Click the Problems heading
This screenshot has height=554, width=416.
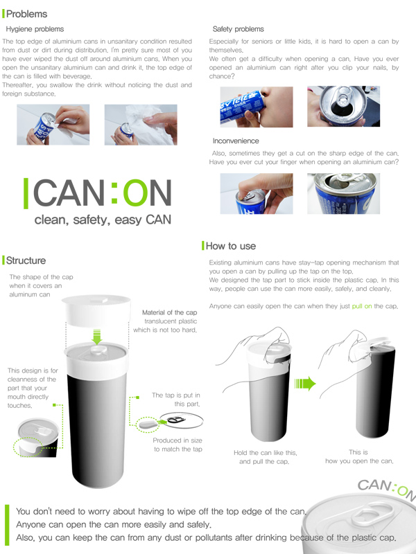(26, 14)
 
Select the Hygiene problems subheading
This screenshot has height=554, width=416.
(35, 29)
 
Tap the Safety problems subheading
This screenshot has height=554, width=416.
(238, 29)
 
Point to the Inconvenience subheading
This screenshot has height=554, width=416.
(237, 141)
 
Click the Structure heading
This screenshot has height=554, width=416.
(26, 260)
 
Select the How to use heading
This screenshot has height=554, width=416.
(231, 246)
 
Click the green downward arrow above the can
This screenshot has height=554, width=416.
(96, 337)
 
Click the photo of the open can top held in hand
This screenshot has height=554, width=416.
(344, 106)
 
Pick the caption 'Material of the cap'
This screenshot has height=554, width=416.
(169, 312)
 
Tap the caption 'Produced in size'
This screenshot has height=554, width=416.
(177, 440)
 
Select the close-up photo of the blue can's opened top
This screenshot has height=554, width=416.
(343, 193)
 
